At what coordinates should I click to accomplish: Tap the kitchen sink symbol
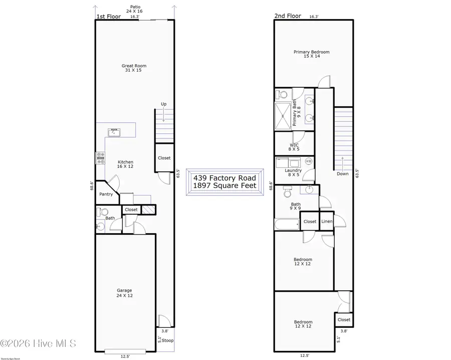pos(114,133)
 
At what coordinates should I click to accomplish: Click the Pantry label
pos(106,194)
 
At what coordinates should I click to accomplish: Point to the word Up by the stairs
pos(163,104)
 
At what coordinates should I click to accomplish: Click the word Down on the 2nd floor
pos(343,173)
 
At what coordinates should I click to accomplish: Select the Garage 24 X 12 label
pos(124,293)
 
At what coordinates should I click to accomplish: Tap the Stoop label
pos(167,340)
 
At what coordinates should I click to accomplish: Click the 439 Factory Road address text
pos(224,178)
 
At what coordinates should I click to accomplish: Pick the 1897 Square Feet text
pos(224,186)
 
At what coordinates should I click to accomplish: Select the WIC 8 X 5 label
pos(293,146)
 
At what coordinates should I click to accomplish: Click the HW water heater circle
pos(309,161)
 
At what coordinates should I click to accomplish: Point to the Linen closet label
pos(326,221)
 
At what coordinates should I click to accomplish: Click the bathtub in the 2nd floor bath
pos(287,224)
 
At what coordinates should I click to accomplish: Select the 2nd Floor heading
pos(287,16)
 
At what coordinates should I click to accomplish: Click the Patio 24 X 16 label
pos(134,9)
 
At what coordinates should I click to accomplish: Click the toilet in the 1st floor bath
pos(99,212)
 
